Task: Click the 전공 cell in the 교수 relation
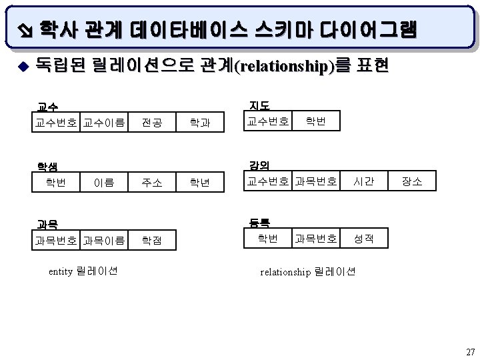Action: point(151,122)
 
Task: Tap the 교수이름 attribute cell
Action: point(103,122)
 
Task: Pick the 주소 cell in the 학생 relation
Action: point(151,181)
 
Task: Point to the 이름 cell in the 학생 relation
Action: point(103,181)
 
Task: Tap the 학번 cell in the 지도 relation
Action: point(316,121)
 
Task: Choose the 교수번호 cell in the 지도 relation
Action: point(267,121)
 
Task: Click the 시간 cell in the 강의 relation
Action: point(363,180)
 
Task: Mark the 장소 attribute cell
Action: point(411,180)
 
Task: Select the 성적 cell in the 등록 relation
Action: point(363,238)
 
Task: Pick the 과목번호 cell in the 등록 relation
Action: point(316,238)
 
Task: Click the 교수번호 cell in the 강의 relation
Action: point(267,180)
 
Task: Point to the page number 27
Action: point(470,351)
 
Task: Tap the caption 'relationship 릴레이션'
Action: point(307,271)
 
